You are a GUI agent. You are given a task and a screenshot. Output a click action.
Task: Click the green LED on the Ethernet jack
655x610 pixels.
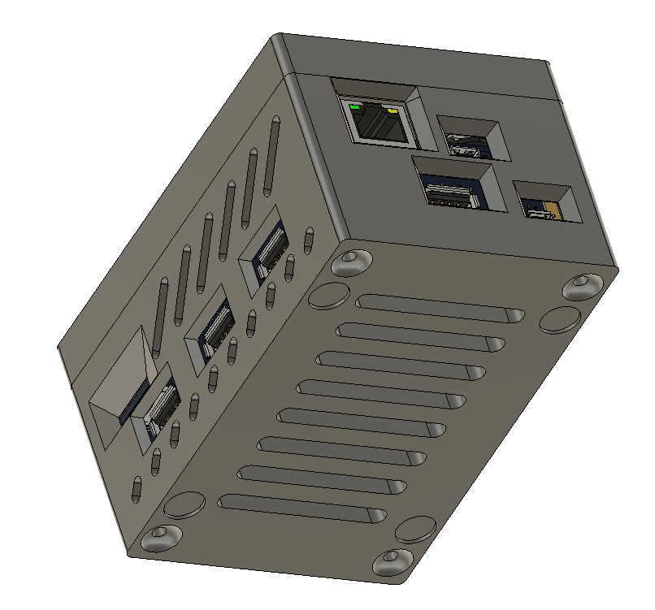click(354, 106)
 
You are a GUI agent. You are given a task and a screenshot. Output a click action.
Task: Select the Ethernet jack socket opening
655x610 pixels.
click(376, 123)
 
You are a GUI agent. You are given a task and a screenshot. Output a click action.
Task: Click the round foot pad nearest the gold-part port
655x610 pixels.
click(558, 319)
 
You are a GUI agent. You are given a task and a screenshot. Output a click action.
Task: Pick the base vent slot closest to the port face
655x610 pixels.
click(439, 308)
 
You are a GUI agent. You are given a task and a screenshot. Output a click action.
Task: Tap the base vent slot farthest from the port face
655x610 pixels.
click(301, 508)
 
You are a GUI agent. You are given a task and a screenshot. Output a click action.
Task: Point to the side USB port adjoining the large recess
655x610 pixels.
click(160, 406)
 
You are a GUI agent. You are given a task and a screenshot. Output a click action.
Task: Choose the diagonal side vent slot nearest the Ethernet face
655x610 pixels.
click(271, 158)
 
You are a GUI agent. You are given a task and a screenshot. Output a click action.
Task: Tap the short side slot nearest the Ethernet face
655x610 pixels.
click(308, 239)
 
